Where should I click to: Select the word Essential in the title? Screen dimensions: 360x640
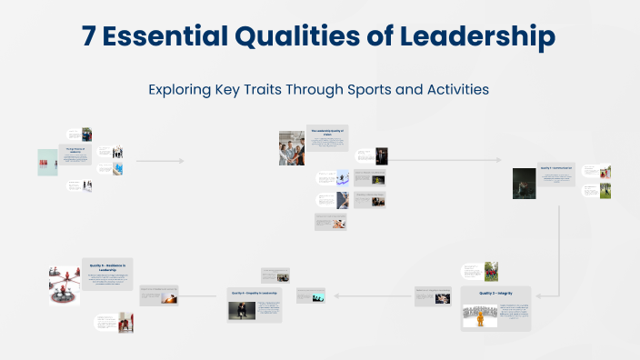coord(172,37)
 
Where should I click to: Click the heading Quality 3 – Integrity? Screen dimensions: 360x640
coord(495,294)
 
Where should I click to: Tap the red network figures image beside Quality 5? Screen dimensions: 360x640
coord(64,285)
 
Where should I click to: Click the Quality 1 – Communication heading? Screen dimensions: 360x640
coord(555,169)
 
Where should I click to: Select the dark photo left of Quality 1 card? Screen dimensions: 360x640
coord(524,183)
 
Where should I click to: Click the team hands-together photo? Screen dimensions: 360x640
coord(291,147)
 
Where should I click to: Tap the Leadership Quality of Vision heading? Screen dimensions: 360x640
coord(326,133)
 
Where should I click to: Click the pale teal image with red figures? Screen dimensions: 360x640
coord(47,162)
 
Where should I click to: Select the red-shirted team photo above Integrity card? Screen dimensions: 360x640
coord(491,271)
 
